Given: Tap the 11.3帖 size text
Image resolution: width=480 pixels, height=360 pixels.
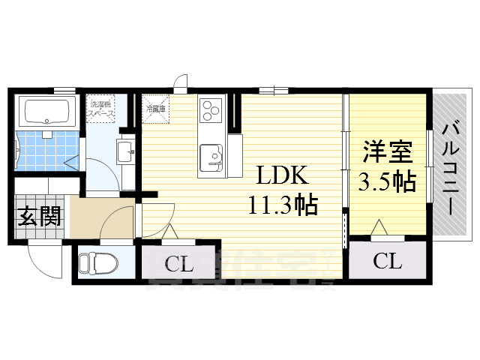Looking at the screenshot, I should click(x=283, y=203).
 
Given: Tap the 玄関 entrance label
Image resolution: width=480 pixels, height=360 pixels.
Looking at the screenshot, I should click(x=38, y=217).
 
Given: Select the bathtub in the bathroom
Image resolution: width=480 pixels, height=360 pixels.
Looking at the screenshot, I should click(x=47, y=112).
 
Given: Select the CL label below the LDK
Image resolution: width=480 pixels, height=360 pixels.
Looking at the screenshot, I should click(x=180, y=264).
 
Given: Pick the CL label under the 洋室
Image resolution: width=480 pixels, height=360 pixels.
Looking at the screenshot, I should click(x=387, y=262).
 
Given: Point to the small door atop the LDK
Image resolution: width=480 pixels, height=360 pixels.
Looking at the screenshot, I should click(x=180, y=82).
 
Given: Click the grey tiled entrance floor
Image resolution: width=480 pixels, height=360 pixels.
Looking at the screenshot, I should click(x=37, y=229).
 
